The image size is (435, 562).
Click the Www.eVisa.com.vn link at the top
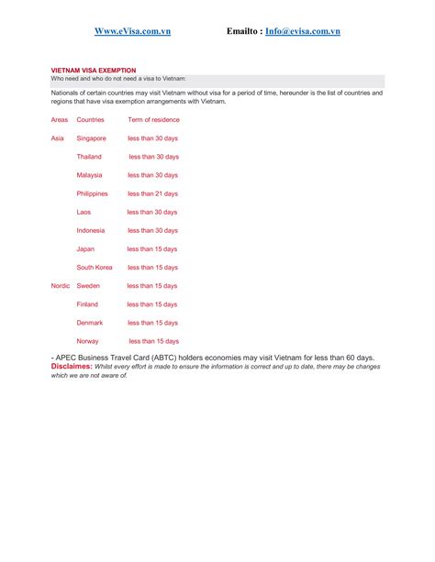tap(132, 31)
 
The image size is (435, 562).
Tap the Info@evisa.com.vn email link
tap(302, 31)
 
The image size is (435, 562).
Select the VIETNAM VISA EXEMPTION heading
tap(93, 70)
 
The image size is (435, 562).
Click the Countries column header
tap(90, 120)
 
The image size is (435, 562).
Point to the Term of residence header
tap(153, 120)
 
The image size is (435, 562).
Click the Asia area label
tap(57, 138)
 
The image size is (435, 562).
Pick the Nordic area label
tap(61, 286)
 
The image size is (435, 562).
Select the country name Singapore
tap(92, 138)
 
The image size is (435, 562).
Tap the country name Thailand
tap(89, 157)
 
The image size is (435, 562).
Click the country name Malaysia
tap(89, 175)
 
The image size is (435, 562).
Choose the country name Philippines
tap(92, 193)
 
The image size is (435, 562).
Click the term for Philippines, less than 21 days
tap(152, 193)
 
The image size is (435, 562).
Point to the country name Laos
tap(84, 212)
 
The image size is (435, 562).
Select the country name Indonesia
tap(90, 230)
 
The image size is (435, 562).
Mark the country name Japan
tap(85, 248)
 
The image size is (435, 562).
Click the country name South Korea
tap(95, 268)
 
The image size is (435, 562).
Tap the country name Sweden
tap(88, 286)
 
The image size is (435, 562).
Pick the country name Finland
tap(87, 304)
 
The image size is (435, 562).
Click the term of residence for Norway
tap(152, 341)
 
